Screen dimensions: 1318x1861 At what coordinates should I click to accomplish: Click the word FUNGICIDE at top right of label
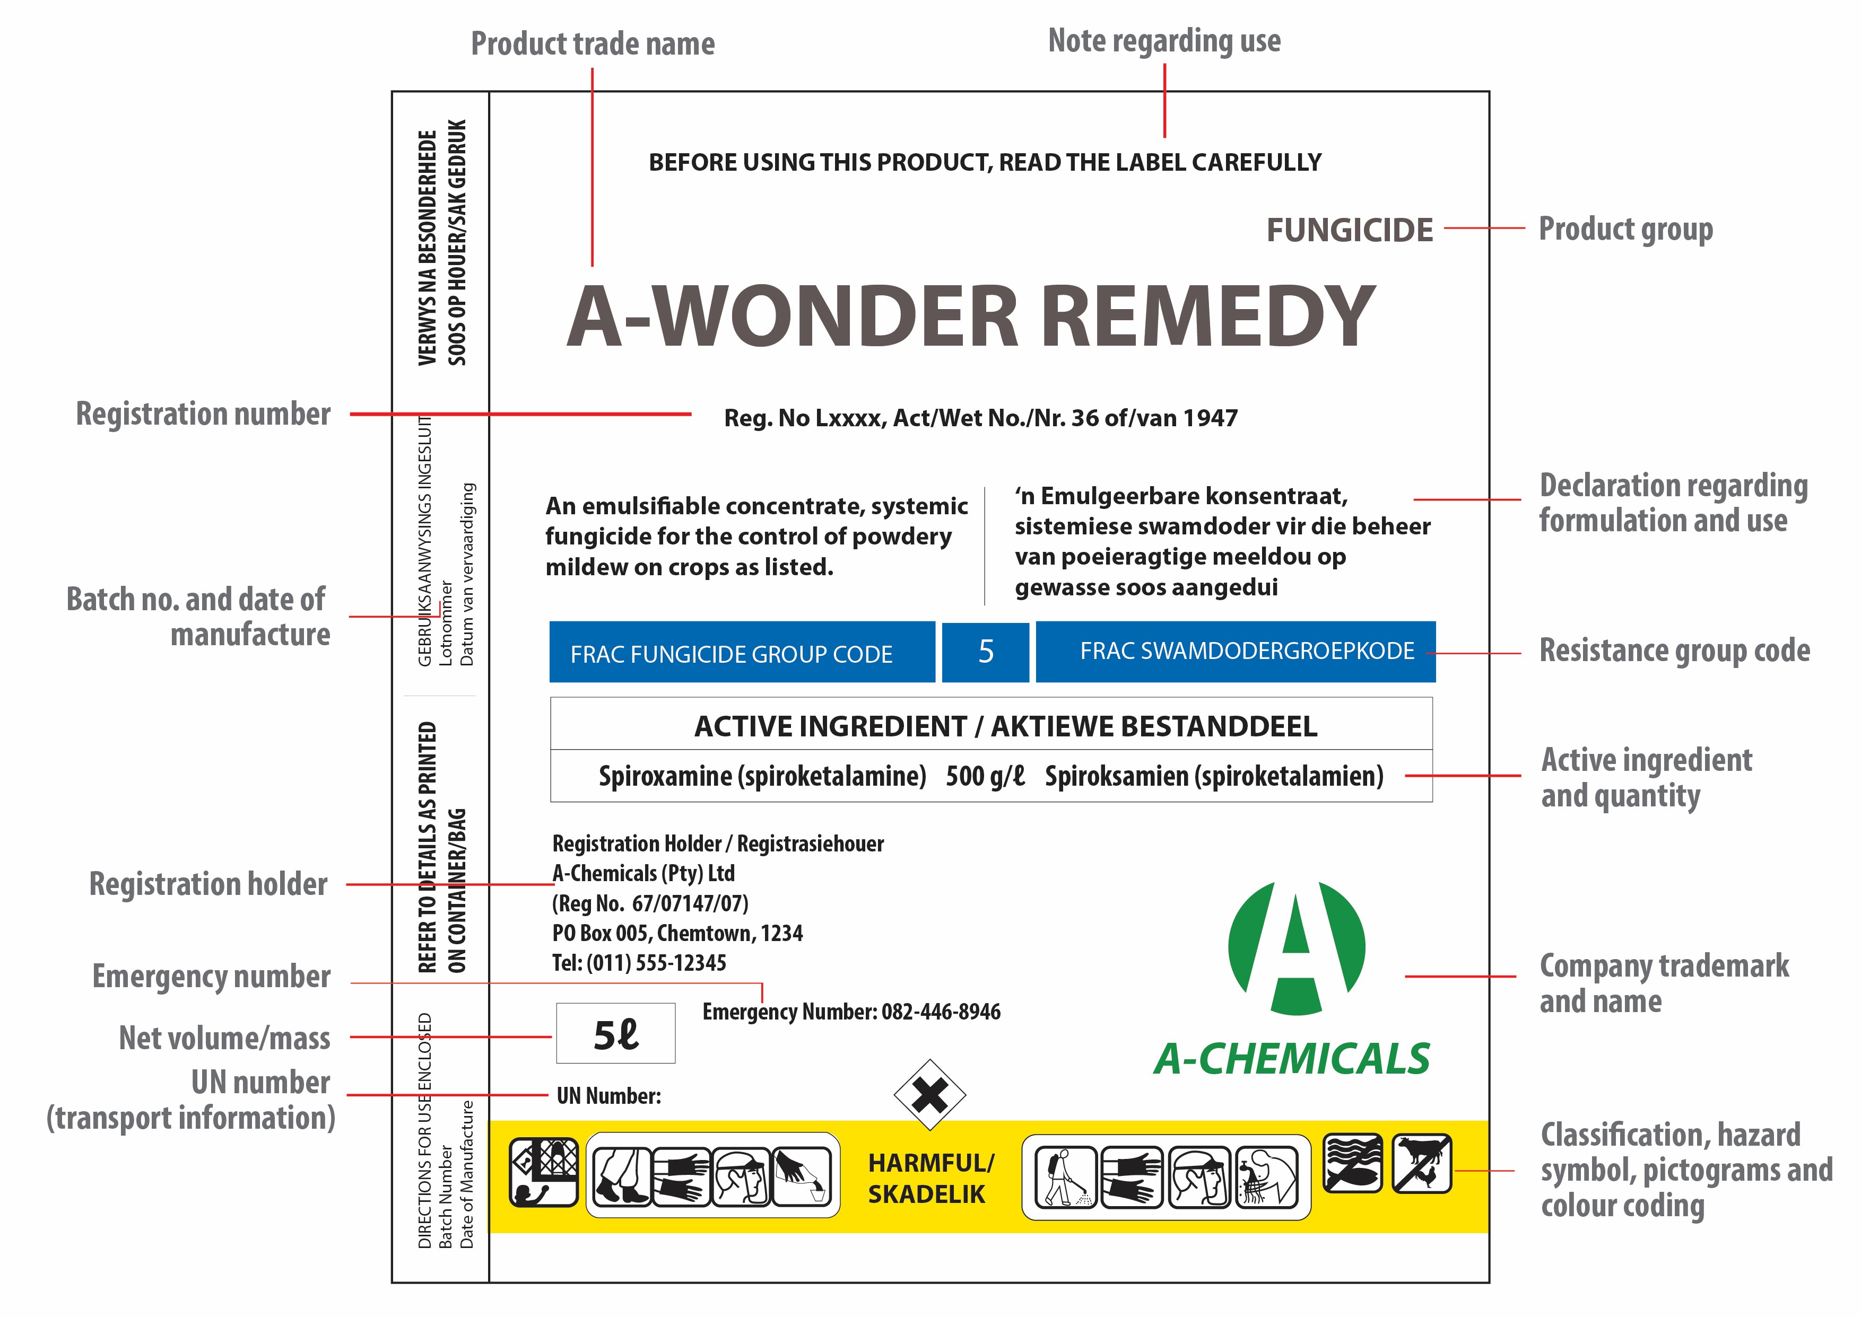point(1350,231)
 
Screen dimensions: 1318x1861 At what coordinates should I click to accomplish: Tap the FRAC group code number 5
point(986,652)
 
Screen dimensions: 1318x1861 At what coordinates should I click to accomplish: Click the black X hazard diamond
point(929,1096)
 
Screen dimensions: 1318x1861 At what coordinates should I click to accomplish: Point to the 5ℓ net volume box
point(615,1034)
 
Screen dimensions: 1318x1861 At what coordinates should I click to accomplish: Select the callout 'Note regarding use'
point(1164,41)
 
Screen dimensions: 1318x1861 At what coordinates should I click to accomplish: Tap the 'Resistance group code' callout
point(1674,651)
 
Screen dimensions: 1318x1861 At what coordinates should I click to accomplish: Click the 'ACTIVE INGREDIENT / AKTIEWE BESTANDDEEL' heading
point(1005,726)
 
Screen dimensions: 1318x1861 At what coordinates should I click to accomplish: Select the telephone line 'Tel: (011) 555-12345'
point(639,963)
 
